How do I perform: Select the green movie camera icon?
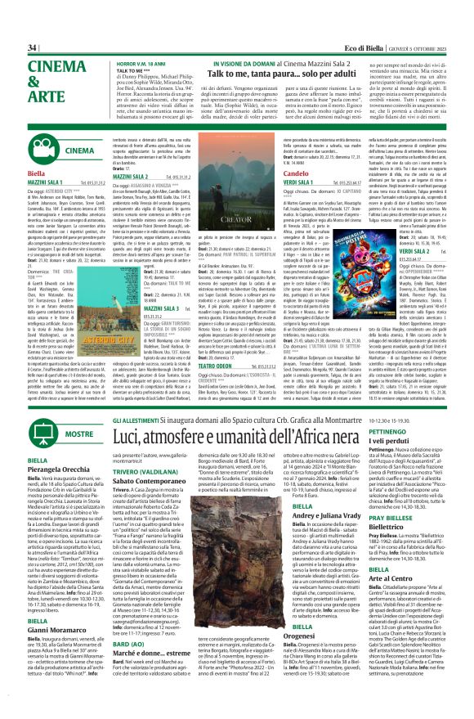tap(48, 151)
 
